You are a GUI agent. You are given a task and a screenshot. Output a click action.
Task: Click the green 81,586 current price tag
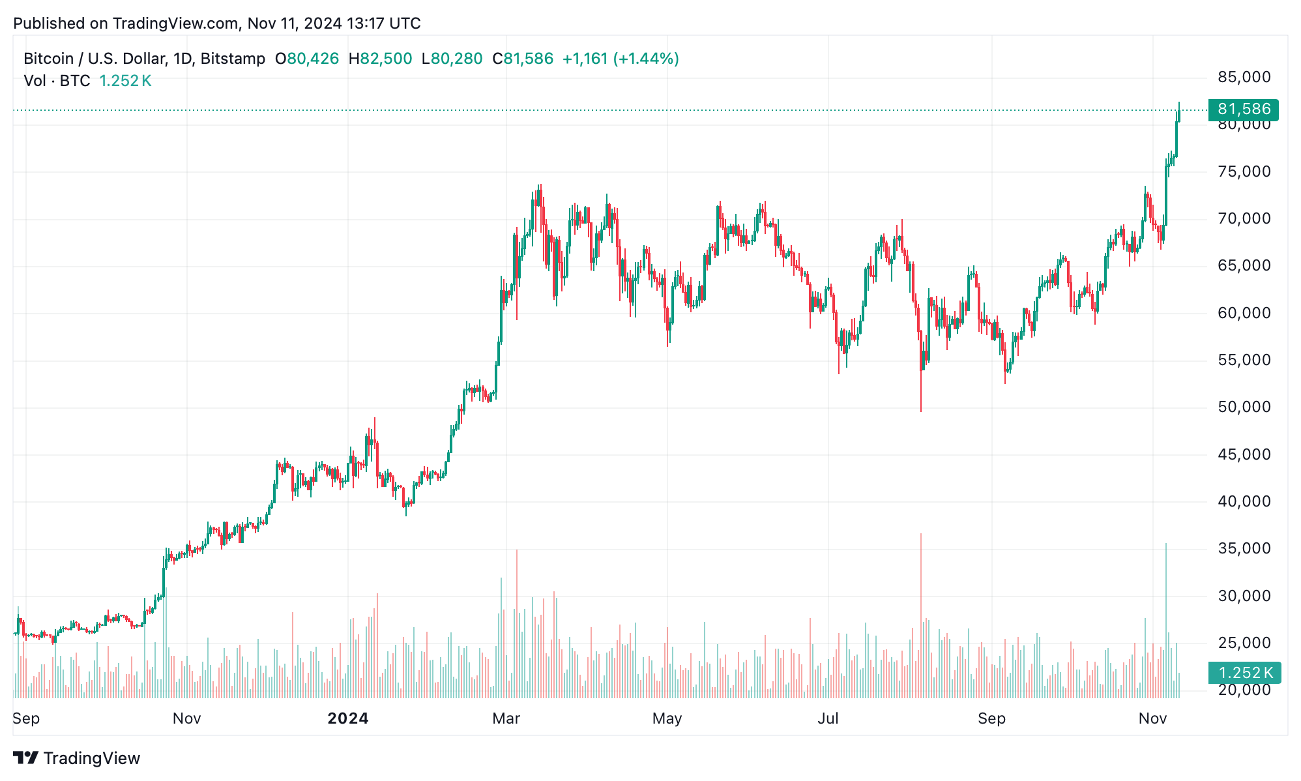point(1243,109)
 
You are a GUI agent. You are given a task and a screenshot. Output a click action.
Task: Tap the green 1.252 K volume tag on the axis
point(1244,672)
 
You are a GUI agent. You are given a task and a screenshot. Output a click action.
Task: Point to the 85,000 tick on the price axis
point(1244,77)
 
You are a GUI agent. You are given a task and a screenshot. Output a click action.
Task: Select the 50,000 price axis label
point(1244,407)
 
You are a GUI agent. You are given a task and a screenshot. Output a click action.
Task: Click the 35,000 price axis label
point(1244,548)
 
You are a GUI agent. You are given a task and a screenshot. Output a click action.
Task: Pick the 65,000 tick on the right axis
point(1244,265)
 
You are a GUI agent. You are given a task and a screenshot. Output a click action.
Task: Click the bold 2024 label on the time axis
point(347,718)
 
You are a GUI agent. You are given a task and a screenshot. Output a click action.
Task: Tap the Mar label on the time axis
point(506,718)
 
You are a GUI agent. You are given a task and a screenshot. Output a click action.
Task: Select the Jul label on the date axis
point(828,718)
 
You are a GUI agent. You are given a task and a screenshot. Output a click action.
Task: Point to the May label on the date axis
point(667,718)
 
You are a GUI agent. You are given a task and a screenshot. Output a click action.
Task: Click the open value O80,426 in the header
point(307,59)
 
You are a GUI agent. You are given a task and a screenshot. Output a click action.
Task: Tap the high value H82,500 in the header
point(380,59)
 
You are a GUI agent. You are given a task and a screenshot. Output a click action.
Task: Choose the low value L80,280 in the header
point(452,59)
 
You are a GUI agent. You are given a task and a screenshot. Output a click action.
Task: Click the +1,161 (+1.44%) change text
point(620,59)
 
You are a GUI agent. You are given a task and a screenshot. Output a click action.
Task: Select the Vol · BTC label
point(57,81)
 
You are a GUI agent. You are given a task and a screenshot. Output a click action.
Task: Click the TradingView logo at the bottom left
point(77,758)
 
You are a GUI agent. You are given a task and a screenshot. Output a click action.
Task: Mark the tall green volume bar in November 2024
point(1166,619)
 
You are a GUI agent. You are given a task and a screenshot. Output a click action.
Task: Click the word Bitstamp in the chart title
point(233,59)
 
